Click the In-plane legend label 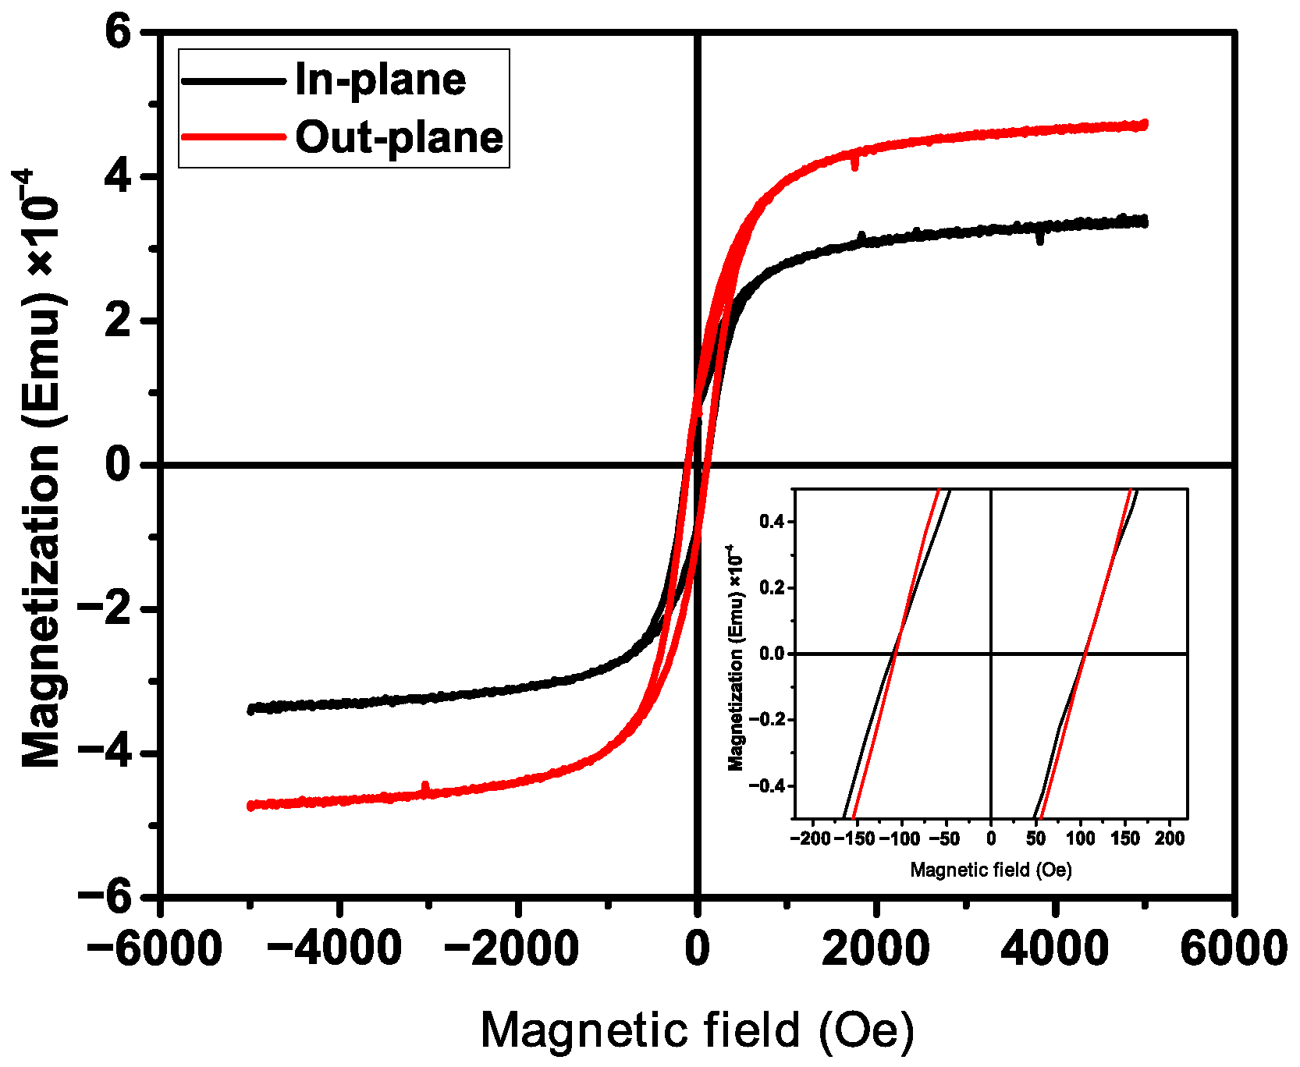[x=380, y=80]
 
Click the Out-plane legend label [x=399, y=138]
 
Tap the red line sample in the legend [x=233, y=137]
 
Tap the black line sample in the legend [x=233, y=80]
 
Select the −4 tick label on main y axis [x=108, y=753]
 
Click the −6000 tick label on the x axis [x=154, y=949]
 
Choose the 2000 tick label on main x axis [x=876, y=949]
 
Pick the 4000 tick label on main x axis [x=1054, y=949]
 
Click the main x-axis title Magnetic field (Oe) [x=696, y=1030]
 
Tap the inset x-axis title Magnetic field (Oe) [x=991, y=870]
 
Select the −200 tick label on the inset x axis [x=810, y=838]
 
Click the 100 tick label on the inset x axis [x=1081, y=838]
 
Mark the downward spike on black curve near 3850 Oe [x=1040, y=239]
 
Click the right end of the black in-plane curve [x=1144, y=222]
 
